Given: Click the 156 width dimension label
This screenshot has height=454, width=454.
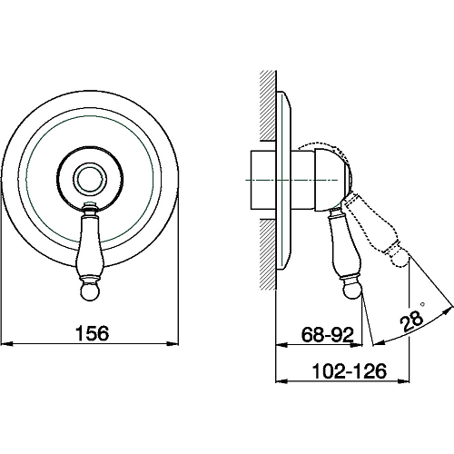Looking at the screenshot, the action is (92, 333).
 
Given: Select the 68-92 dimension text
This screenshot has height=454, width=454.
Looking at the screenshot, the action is (328, 335).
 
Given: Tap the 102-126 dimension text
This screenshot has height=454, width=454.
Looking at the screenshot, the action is (350, 370).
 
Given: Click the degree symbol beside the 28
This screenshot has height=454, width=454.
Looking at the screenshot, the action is (422, 303).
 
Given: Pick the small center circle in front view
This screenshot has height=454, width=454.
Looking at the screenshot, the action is (90, 181).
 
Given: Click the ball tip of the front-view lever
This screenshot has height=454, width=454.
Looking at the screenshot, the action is (90, 292).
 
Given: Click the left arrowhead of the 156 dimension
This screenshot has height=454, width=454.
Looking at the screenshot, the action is (6, 343).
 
